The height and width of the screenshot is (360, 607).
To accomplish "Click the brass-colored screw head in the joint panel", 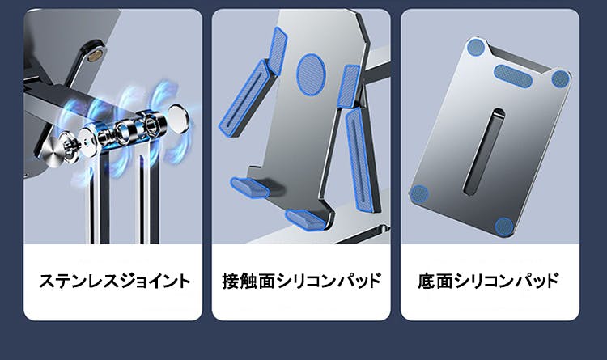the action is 96,54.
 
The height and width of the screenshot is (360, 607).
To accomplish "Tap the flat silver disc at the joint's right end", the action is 179,119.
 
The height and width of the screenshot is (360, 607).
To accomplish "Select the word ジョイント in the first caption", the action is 154,281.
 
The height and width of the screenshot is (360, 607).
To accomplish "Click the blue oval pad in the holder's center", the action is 311,74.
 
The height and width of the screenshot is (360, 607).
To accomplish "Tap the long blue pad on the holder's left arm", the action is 243,100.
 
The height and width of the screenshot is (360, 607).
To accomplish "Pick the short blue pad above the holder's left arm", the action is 277,50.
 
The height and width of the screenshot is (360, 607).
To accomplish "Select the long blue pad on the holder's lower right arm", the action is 359,159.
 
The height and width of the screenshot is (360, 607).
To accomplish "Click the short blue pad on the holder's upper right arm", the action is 348,86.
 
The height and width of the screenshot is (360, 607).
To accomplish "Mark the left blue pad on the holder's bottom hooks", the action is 250,187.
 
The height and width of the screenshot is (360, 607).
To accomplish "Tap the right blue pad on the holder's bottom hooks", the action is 306,219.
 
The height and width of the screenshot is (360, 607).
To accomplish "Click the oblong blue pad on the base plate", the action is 513,76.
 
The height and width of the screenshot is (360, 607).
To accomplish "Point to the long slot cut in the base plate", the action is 484,151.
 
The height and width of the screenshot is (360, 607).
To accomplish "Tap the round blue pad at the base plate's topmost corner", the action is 476,47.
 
